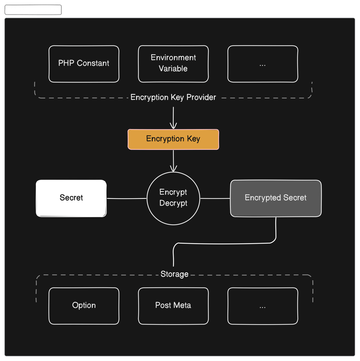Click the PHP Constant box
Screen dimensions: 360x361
tap(84, 64)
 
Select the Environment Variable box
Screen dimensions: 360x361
tap(173, 64)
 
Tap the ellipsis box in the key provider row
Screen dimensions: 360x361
tap(263, 64)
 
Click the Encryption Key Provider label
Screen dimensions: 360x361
tap(173, 97)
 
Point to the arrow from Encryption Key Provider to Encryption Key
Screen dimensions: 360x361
tap(173, 118)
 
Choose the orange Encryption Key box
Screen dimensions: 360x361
tap(173, 139)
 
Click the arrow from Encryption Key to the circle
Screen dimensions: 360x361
tap(173, 161)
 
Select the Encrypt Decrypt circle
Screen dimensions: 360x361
tap(173, 198)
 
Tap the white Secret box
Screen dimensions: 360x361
tap(71, 198)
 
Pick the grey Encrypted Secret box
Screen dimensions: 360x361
tap(276, 198)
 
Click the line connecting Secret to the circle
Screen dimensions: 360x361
tap(127, 198)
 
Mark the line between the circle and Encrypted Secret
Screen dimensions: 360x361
tap(215, 198)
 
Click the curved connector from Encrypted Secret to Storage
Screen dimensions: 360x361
tap(225, 243)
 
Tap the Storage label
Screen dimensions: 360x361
tap(174, 274)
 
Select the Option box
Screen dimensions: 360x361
tap(84, 306)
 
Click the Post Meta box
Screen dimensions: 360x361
tap(173, 306)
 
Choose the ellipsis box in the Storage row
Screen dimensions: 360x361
tap(263, 306)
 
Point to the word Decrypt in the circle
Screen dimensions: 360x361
tap(173, 203)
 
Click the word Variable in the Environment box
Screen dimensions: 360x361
tap(173, 68)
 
